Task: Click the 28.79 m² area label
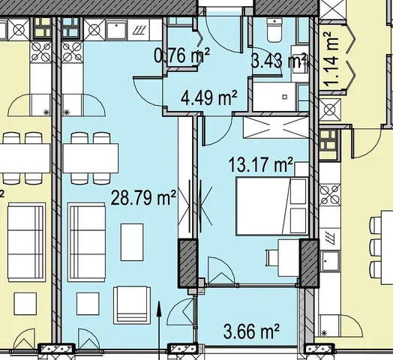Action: coord(143,197)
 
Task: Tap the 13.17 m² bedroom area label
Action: coord(261,165)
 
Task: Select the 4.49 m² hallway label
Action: coord(209,97)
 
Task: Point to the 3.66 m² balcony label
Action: coord(251,331)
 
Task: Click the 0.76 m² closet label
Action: coord(182,55)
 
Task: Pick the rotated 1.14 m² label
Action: coord(331,59)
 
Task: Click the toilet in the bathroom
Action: coord(274,30)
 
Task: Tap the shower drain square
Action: coord(285,97)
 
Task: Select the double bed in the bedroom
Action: coord(272,206)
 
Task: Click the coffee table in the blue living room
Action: coord(132,242)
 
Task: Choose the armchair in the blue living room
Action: coord(132,305)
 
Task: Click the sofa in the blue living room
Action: coord(87,242)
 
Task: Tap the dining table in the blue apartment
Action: coord(91,158)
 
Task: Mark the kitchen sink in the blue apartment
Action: coord(115,30)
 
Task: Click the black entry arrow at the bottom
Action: coord(159,331)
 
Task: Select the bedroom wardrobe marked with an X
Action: coord(276,127)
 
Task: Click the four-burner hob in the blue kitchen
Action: coord(72,52)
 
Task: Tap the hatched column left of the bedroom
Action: coord(188,263)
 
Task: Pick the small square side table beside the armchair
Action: coord(88,304)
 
